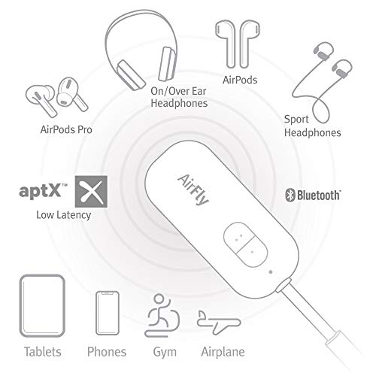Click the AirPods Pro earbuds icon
(x=53, y=93)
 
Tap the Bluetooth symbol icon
(x=287, y=196)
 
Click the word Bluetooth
(x=318, y=196)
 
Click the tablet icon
(x=39, y=308)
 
